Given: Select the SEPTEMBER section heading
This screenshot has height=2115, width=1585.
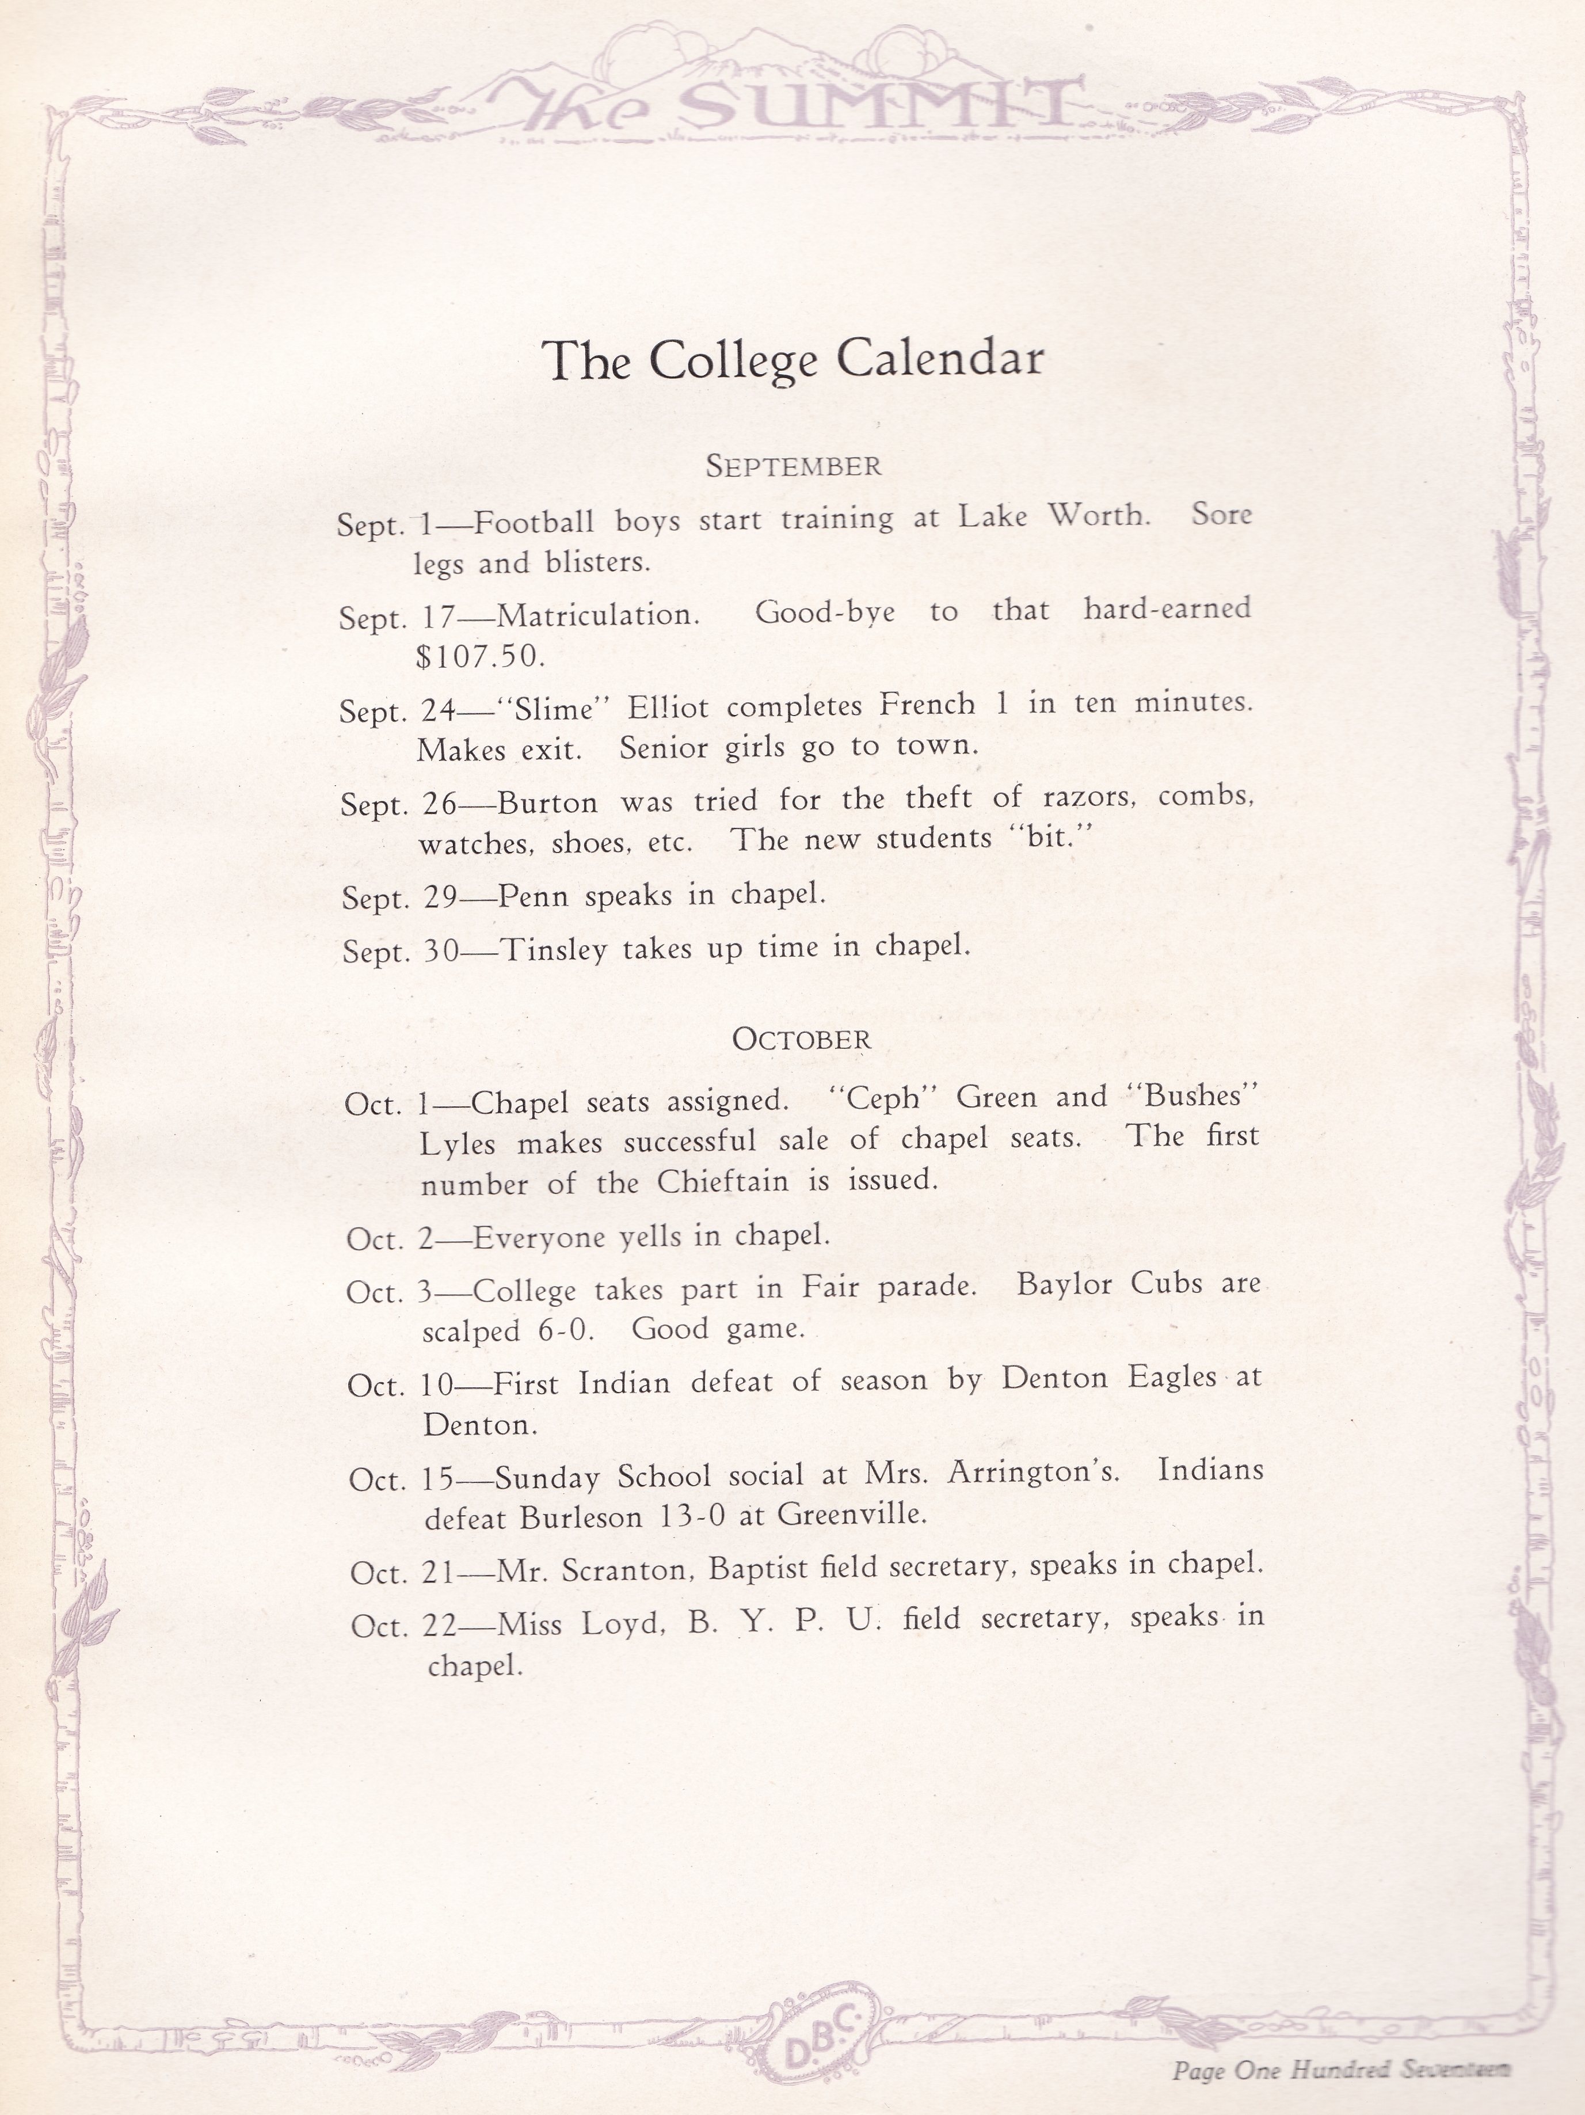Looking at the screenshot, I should click(x=792, y=467).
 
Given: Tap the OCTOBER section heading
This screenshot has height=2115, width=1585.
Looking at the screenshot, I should click(x=801, y=1039).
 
